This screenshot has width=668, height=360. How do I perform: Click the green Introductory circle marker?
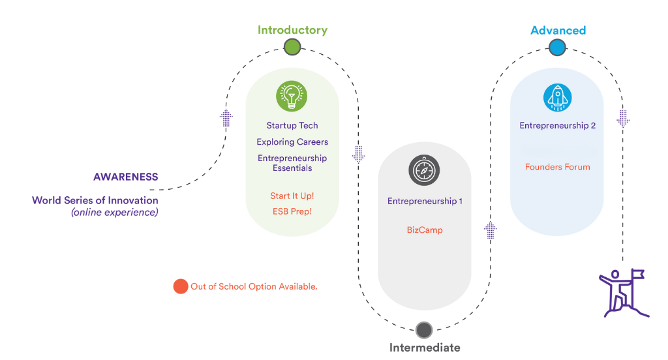tap(292, 47)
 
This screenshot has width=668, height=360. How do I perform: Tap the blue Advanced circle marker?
tap(556, 47)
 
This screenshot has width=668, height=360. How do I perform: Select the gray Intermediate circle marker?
tap(424, 329)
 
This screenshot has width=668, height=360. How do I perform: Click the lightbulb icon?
tap(292, 97)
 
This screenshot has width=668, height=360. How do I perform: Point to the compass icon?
tap(424, 171)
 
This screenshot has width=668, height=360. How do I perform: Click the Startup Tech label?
tap(292, 125)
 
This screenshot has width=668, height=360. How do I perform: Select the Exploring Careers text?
tap(292, 142)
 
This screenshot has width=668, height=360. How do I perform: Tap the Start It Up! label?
tap(292, 196)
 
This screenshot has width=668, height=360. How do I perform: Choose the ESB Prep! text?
tap(292, 211)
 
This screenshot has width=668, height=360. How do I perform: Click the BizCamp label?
tap(425, 230)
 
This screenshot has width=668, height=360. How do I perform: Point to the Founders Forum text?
tap(557, 167)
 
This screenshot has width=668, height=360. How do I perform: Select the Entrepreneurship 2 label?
tap(557, 125)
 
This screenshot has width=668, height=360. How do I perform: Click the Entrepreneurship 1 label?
tap(425, 201)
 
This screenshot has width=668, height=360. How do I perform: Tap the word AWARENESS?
tap(125, 177)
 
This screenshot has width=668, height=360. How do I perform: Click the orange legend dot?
tap(180, 286)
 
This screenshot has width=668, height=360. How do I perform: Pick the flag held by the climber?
tap(637, 274)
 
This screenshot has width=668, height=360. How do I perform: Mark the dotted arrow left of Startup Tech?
tap(226, 118)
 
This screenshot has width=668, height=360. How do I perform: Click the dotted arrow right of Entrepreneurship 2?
tap(623, 118)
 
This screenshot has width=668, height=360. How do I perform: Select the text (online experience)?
tap(115, 212)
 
